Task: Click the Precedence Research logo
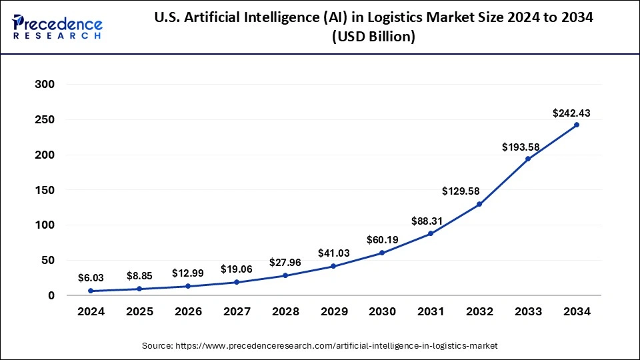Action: tap(57, 27)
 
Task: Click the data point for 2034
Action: tap(576, 125)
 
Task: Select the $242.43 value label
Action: tap(571, 113)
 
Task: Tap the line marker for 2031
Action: tap(431, 233)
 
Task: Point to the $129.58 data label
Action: tap(461, 191)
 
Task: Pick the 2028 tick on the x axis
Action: tap(285, 311)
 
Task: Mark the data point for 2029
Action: tap(333, 267)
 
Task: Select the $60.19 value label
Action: tap(382, 239)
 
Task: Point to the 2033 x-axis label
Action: tap(527, 311)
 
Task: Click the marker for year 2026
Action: tap(187, 286)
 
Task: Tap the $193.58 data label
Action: tap(521, 146)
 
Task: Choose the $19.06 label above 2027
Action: tap(236, 269)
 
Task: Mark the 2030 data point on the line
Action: tap(382, 253)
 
